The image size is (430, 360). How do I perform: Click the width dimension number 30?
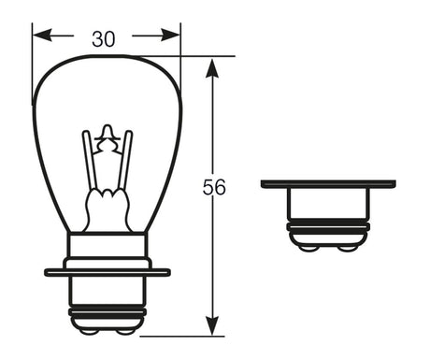point(104,39)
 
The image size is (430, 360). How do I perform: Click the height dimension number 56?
point(214,187)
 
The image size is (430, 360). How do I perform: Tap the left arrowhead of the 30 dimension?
point(42,35)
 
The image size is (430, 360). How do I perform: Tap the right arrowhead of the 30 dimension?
point(170,35)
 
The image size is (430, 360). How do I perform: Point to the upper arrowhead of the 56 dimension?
point(212,68)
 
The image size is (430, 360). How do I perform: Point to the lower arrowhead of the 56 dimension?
point(212,325)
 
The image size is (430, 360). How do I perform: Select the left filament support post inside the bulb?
point(90,161)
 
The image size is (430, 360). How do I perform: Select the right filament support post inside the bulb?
point(125,161)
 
